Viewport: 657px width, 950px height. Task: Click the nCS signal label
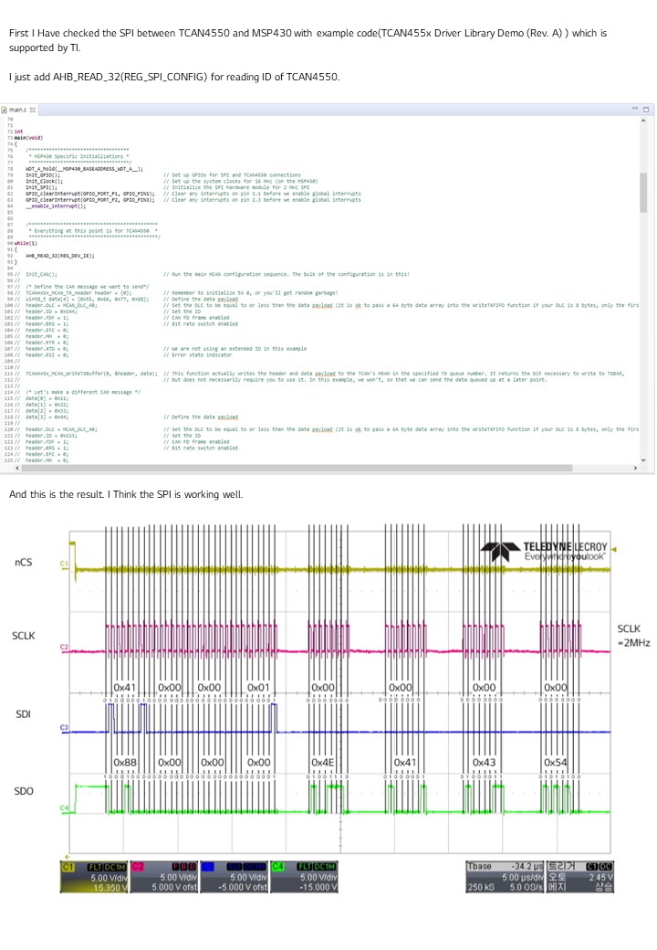(24, 563)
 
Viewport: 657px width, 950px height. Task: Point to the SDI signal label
(24, 712)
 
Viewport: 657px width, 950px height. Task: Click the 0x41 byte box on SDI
(125, 687)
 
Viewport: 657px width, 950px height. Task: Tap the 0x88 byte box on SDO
(125, 762)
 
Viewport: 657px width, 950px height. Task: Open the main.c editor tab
(18, 110)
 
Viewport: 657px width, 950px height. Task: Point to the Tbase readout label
(479, 865)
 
